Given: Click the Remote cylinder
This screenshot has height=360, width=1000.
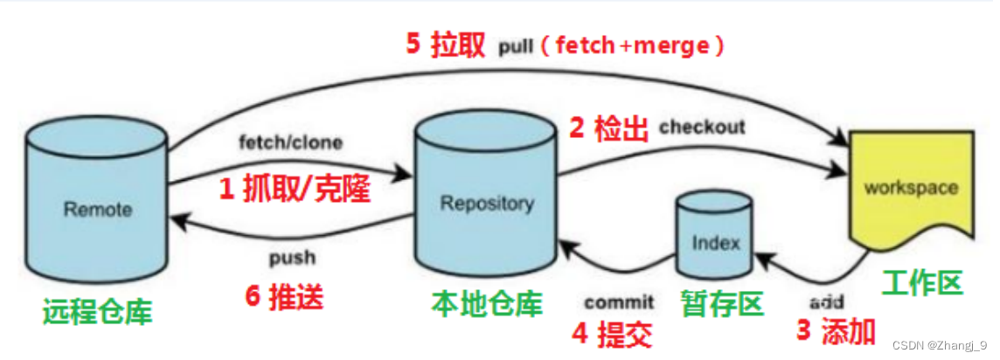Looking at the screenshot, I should pyautogui.click(x=97, y=205).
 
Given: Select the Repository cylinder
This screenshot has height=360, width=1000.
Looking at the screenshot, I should pyautogui.click(x=486, y=201).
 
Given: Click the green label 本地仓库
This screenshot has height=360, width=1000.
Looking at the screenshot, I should pyautogui.click(x=486, y=302).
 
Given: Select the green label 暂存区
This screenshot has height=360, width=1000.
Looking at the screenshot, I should pyautogui.click(x=722, y=302).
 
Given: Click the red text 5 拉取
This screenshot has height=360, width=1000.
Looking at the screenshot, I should pyautogui.click(x=445, y=45).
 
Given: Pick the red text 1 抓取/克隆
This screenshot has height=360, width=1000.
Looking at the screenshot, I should pyautogui.click(x=295, y=189).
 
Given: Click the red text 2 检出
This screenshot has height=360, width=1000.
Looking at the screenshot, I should pyautogui.click(x=609, y=128).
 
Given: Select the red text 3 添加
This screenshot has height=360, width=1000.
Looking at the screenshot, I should pyautogui.click(x=836, y=331).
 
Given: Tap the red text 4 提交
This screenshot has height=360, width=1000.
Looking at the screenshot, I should pyautogui.click(x=613, y=333).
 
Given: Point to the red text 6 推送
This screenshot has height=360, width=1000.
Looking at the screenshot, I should pyautogui.click(x=285, y=296).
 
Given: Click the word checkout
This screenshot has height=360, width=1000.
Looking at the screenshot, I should pyautogui.click(x=702, y=127).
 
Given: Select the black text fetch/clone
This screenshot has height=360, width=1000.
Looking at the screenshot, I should pyautogui.click(x=290, y=142).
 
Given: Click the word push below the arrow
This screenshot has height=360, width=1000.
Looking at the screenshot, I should pyautogui.click(x=292, y=259).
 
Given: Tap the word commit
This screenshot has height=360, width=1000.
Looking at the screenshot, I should pyautogui.click(x=619, y=302).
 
